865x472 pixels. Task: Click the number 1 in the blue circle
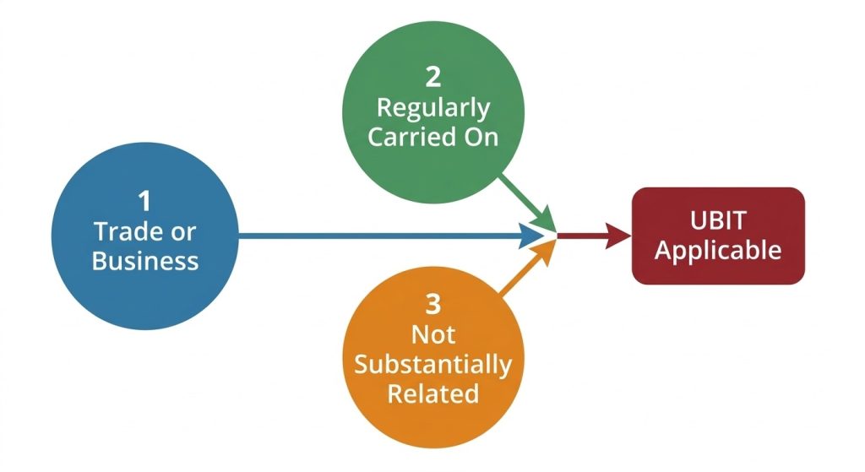(x=144, y=201)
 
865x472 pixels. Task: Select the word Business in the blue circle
(x=145, y=260)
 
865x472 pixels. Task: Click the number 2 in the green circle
(x=432, y=77)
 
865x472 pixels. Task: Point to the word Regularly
(x=432, y=109)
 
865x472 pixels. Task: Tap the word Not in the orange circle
(x=432, y=334)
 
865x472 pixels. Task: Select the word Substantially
(x=432, y=365)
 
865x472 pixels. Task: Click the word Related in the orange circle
(x=432, y=393)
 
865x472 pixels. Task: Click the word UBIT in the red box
(x=718, y=220)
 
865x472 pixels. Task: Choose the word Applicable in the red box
(x=718, y=251)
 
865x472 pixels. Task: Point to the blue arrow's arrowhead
(x=530, y=236)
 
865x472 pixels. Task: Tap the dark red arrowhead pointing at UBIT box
(x=617, y=236)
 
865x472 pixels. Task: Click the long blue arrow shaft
(x=380, y=236)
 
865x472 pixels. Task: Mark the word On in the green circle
(x=477, y=138)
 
